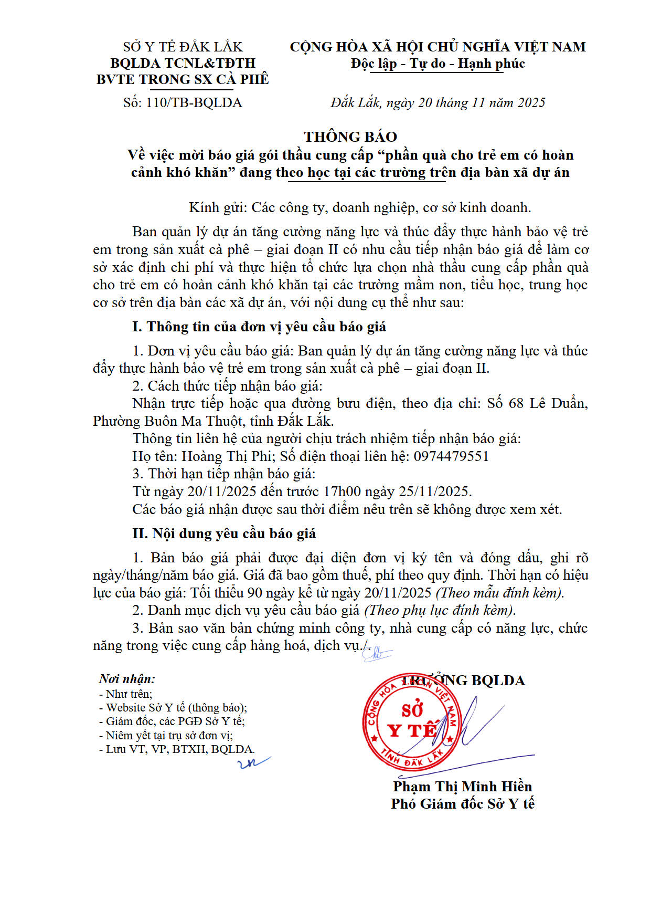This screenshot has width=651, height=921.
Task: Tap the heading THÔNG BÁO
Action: (350, 137)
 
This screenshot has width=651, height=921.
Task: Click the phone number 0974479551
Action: (451, 456)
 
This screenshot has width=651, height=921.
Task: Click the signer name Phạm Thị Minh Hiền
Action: (462, 786)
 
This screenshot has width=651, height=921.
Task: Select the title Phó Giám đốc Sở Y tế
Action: (462, 803)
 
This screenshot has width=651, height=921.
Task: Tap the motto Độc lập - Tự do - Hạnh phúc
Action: (437, 64)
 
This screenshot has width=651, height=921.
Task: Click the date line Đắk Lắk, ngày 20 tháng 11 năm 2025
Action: (437, 102)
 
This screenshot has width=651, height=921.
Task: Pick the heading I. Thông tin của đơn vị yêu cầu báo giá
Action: (259, 327)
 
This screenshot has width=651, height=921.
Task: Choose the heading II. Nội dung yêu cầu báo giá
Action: (224, 533)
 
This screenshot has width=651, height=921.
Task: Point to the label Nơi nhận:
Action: (127, 679)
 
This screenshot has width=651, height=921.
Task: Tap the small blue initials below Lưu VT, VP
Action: (254, 762)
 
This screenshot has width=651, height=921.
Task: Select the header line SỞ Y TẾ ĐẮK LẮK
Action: (183, 47)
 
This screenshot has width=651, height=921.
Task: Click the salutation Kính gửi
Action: (218, 207)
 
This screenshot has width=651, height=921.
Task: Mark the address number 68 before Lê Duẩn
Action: (516, 403)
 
